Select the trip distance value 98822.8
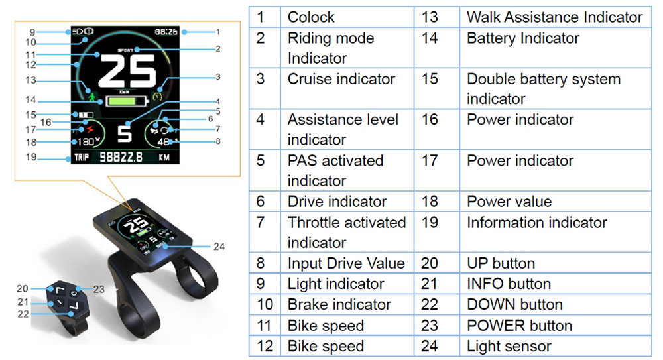122,158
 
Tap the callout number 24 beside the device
219,246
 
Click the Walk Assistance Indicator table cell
554,17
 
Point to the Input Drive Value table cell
345,263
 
